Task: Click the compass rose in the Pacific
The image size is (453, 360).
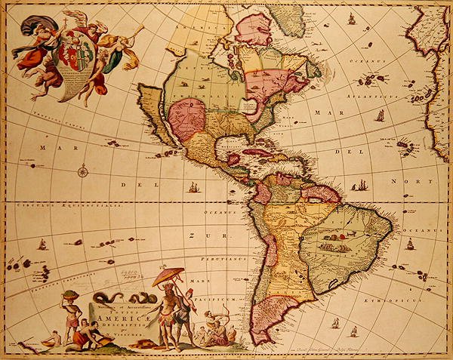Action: [x=82, y=171]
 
